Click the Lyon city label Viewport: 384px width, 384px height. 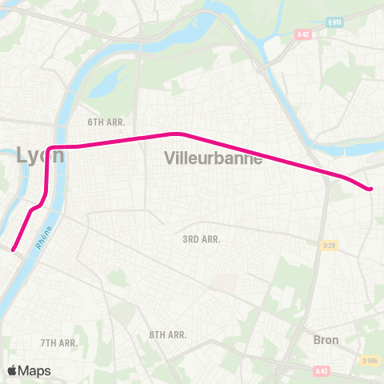[x=40, y=155]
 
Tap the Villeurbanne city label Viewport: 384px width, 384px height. [x=214, y=158]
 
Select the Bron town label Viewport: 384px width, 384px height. [x=326, y=340]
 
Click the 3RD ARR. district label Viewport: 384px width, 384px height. [x=201, y=238]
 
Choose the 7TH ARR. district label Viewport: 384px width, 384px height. [x=58, y=342]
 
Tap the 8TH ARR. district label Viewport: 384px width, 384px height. [x=168, y=334]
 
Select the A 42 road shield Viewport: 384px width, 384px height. [x=302, y=34]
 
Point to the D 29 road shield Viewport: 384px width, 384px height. [x=329, y=245]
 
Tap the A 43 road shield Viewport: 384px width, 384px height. [x=322, y=370]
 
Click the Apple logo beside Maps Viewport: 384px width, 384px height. [x=13, y=370]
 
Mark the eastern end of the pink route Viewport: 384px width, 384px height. [x=370, y=189]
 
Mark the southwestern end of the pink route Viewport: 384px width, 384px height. [x=14, y=249]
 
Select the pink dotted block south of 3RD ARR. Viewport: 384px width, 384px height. [x=223, y=282]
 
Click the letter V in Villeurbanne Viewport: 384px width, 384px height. [x=170, y=158]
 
